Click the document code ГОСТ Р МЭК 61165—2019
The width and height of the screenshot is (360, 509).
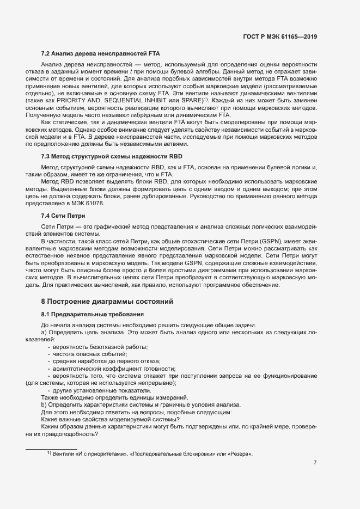280,37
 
